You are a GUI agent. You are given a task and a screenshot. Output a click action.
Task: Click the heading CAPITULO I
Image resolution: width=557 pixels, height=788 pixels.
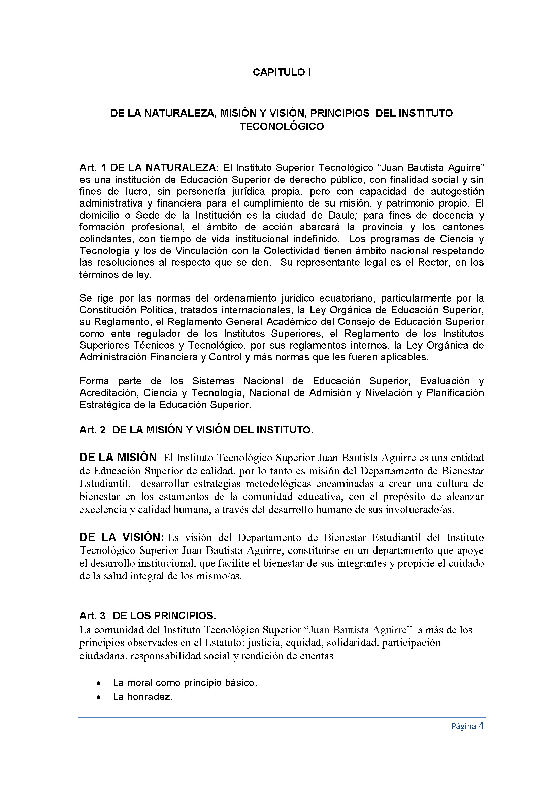click(x=282, y=72)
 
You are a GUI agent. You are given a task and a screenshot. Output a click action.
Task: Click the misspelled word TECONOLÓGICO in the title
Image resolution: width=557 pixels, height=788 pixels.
click(x=282, y=127)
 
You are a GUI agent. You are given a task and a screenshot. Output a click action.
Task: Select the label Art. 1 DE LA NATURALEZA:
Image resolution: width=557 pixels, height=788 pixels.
click(x=149, y=168)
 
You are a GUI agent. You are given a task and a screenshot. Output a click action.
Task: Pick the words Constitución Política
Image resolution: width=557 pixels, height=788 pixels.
click(x=126, y=310)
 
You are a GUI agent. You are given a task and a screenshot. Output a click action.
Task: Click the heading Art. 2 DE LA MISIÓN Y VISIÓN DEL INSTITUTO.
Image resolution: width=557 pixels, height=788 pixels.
click(x=196, y=430)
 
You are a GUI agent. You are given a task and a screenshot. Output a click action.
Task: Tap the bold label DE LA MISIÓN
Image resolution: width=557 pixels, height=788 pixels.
click(x=118, y=458)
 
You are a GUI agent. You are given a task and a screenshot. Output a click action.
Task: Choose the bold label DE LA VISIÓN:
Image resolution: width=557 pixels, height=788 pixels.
click(x=122, y=537)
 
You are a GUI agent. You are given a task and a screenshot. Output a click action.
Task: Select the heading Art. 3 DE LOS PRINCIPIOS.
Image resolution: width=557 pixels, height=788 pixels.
click(x=148, y=616)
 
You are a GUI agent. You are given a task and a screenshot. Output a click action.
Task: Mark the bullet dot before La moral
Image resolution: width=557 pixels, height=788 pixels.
click(x=99, y=683)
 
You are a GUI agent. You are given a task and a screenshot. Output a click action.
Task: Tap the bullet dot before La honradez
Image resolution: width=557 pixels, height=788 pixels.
click(x=99, y=697)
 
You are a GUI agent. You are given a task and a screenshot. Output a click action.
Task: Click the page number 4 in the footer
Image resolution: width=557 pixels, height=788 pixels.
click(x=481, y=726)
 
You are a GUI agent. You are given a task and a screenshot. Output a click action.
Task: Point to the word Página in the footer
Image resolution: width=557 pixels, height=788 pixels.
click(x=463, y=727)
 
